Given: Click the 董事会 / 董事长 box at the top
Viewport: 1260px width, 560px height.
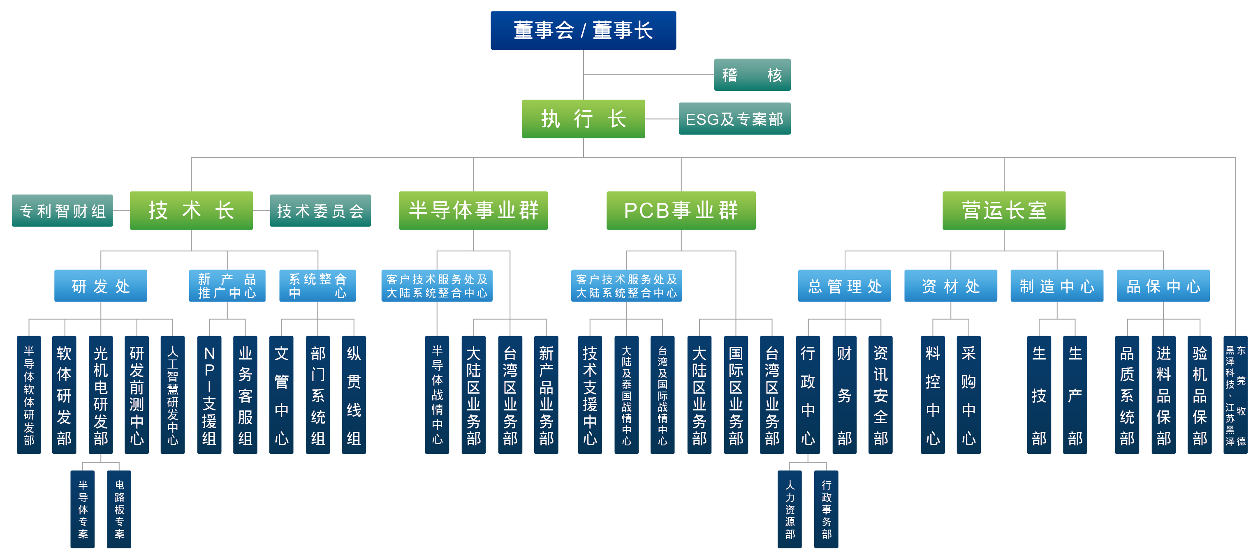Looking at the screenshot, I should pyautogui.click(x=583, y=30).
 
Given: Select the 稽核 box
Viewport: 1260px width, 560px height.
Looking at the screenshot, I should pyautogui.click(x=752, y=75).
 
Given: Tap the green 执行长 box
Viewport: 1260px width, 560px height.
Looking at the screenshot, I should pyautogui.click(x=583, y=119).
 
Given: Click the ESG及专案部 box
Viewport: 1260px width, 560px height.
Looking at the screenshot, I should pyautogui.click(x=734, y=119).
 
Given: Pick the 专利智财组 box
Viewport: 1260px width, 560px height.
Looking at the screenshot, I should pyautogui.click(x=62, y=211).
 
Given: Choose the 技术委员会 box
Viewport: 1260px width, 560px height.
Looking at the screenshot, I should pyautogui.click(x=320, y=211).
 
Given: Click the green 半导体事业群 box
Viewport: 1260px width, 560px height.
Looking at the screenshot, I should pyautogui.click(x=473, y=211).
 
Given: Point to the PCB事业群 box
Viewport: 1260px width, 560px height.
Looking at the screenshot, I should pyautogui.click(x=681, y=211).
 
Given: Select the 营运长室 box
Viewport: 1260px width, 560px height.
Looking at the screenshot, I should pyautogui.click(x=1004, y=211).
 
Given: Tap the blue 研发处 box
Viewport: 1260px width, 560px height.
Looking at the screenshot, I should pyautogui.click(x=100, y=286).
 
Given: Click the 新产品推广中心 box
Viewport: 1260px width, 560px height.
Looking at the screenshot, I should pyautogui.click(x=227, y=286).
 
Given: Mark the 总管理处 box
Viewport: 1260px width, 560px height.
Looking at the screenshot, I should pyautogui.click(x=844, y=286).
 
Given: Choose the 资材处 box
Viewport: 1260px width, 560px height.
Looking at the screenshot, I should pyautogui.click(x=950, y=286).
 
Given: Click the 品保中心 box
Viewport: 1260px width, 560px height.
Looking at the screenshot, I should pyautogui.click(x=1163, y=286).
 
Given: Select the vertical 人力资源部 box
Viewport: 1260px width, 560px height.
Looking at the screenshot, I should pyautogui.click(x=790, y=509).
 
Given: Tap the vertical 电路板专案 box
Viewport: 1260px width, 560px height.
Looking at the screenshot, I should pyautogui.click(x=119, y=509).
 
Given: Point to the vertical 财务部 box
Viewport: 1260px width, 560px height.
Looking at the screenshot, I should pyautogui.click(x=844, y=395).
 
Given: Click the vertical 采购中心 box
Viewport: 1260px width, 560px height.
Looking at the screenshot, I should pyautogui.click(x=968, y=395).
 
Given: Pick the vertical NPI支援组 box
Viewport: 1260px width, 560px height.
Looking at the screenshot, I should pyautogui.click(x=209, y=395).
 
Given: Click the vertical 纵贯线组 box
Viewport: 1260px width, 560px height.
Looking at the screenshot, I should pyautogui.click(x=354, y=395).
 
